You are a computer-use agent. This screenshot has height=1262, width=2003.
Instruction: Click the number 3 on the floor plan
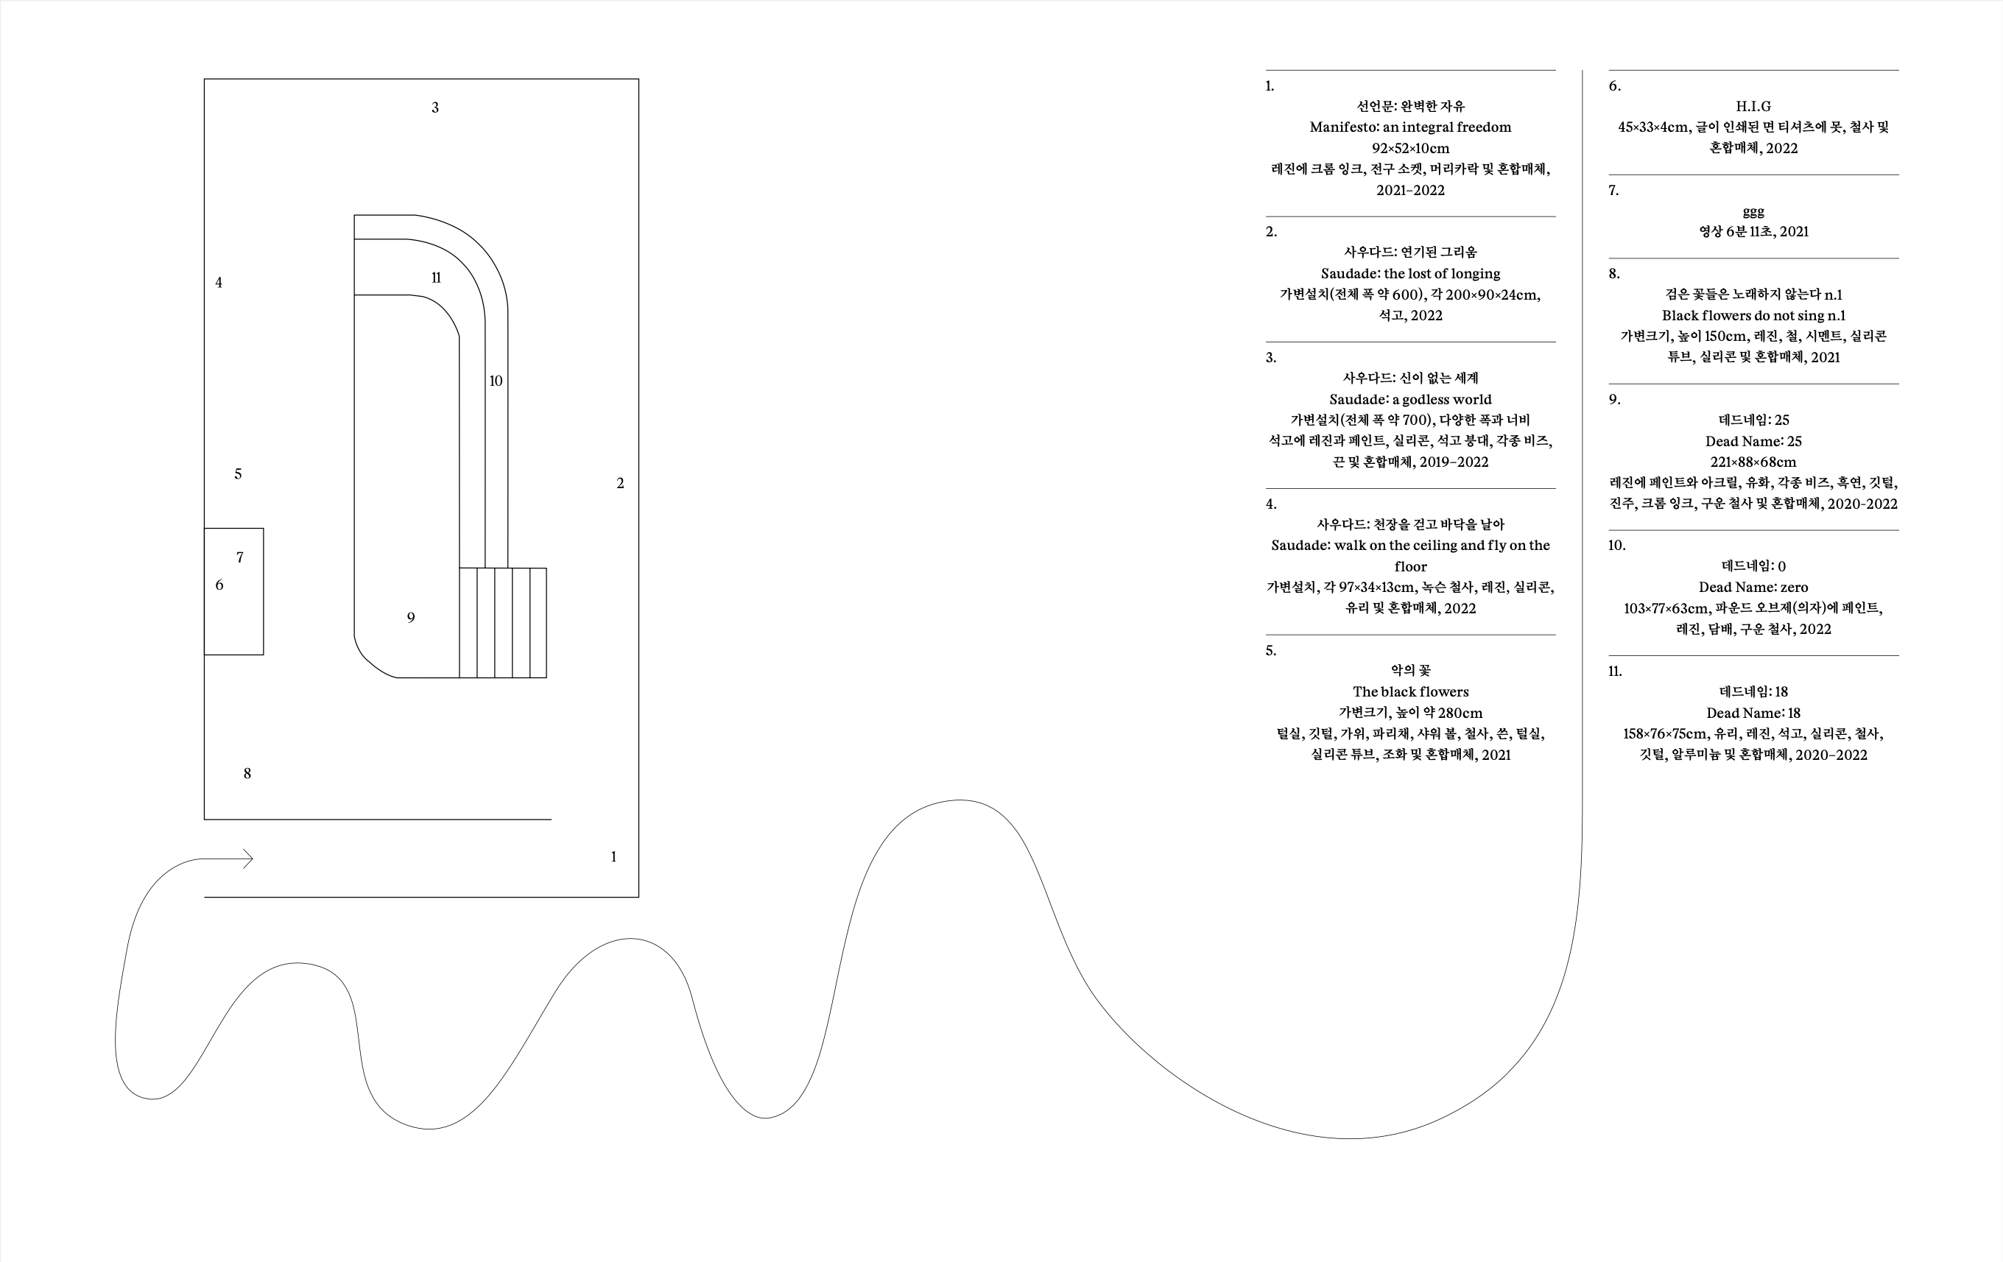435,107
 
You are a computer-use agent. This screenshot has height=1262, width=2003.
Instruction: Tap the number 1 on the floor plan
614,857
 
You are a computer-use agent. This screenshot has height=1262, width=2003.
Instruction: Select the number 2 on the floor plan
621,483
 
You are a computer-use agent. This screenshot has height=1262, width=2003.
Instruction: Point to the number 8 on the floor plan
247,774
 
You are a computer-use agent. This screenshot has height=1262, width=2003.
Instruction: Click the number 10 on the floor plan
496,381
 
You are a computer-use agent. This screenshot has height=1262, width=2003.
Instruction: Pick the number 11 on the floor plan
436,278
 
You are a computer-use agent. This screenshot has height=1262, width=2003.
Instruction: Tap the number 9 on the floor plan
411,617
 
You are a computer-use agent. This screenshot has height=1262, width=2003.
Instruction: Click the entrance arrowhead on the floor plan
248,859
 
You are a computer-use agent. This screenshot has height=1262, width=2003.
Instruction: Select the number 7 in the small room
240,557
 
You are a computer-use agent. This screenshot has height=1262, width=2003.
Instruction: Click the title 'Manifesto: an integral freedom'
1410,127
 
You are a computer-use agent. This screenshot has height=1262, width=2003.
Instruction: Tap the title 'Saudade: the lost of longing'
1410,274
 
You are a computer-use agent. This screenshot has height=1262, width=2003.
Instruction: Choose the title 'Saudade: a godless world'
1410,399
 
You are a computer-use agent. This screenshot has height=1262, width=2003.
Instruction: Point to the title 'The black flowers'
1410,691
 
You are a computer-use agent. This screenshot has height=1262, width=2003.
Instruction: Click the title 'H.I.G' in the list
1753,107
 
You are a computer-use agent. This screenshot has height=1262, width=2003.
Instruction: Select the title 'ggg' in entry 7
1753,211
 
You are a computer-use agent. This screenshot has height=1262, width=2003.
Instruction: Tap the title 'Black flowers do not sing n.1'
1753,315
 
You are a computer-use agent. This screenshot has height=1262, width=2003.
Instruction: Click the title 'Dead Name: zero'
1753,588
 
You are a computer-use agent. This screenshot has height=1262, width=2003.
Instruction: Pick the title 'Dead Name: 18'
1753,713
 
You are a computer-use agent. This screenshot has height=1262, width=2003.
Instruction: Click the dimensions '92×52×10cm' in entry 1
1410,148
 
